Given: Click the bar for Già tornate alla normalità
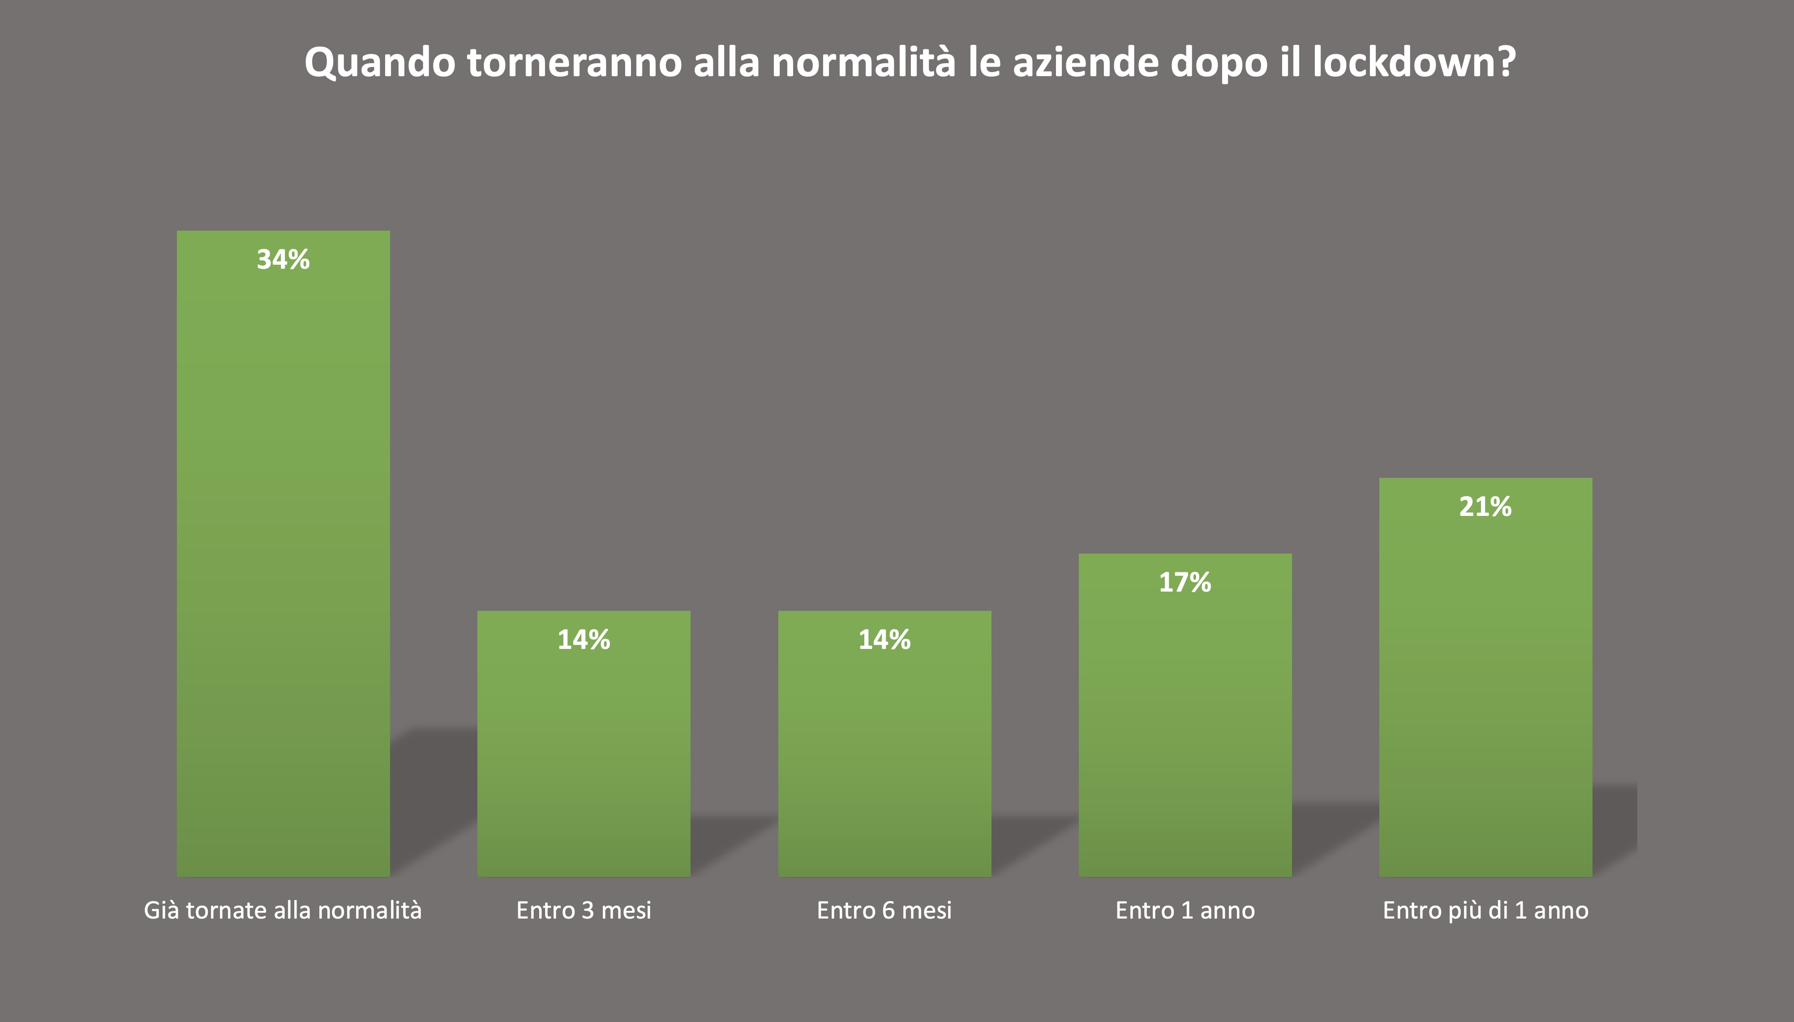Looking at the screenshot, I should click(x=283, y=562).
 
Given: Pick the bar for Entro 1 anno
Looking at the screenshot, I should click(x=1185, y=723).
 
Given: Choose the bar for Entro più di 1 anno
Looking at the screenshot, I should click(x=1485, y=688).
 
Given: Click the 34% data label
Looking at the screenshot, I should click(x=283, y=260).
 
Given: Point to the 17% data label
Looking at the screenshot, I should click(x=1185, y=583).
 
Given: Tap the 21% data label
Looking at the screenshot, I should click(x=1485, y=507).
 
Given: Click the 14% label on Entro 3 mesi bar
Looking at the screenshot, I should click(x=583, y=640).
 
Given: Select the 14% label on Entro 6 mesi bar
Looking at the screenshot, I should click(x=884, y=640).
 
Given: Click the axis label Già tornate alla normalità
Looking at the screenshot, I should click(x=283, y=910).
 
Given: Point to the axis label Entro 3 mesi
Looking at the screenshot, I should click(x=583, y=910).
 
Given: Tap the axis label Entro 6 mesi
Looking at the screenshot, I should click(x=884, y=910).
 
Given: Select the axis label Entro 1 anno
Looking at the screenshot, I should click(x=1185, y=910).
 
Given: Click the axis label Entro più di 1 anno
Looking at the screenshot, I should click(x=1485, y=910).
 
